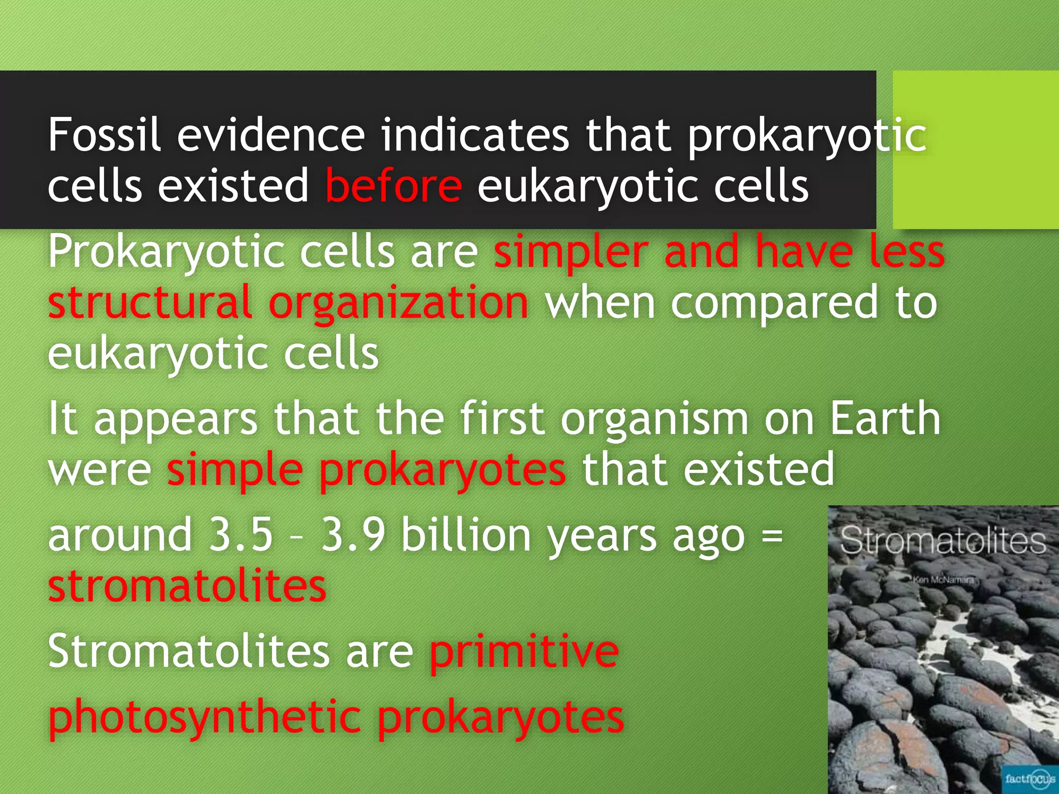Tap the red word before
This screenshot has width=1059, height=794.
[394, 186]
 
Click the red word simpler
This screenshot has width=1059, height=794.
[571, 252]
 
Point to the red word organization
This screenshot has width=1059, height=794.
[399, 303]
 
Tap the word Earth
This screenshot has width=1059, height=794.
[885, 419]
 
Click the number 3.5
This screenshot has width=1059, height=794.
[240, 535]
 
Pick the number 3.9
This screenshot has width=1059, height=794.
[353, 535]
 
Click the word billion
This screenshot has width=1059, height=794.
[466, 535]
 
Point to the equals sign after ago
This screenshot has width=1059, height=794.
[773, 536]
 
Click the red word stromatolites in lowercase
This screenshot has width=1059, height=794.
[187, 586]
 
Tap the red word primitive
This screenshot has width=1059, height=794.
[524, 651]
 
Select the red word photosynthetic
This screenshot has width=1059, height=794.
[205, 717]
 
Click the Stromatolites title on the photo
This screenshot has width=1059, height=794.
[943, 541]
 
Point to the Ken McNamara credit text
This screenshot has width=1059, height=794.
[943, 579]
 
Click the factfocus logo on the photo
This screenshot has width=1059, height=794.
[1030, 778]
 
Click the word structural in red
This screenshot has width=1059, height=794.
[150, 303]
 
